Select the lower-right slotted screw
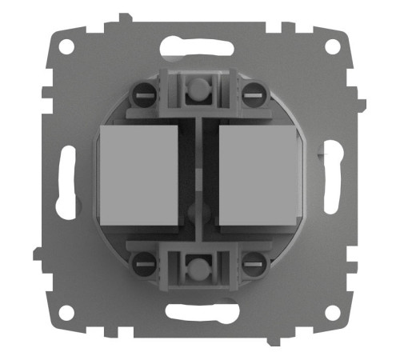coord(253,260)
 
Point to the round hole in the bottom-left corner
coord(66,314)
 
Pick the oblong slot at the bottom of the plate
coord(199,314)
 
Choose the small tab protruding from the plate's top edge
coord(122,18)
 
